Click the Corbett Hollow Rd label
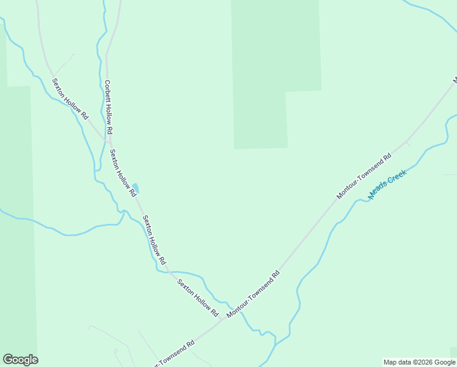tap(109, 108)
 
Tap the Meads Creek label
tap(387, 184)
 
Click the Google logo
tap(20, 360)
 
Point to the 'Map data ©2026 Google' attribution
tap(419, 362)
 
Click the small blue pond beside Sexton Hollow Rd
tap(136, 187)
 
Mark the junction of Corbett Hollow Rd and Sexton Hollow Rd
tap(107, 141)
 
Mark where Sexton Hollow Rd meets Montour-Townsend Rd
tap(223, 319)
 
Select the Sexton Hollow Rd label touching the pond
tap(122, 172)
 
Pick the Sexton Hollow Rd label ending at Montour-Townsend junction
tap(197, 297)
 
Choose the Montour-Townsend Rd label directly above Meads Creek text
tap(364, 176)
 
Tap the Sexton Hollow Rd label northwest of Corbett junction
tap(70, 98)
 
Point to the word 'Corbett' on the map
tap(106, 92)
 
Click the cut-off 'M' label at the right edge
tap(455, 80)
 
